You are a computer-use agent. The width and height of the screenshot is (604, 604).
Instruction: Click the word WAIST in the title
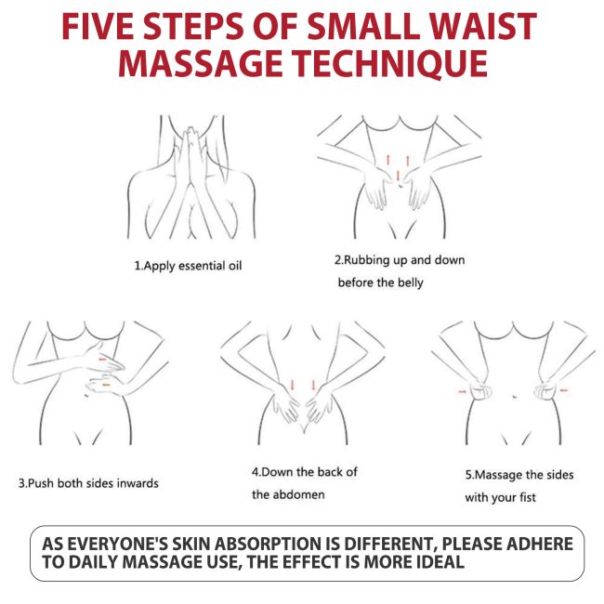(482, 26)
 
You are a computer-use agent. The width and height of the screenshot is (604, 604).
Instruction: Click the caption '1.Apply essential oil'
(188, 266)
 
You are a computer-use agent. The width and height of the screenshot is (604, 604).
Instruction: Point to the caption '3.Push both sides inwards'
(88, 483)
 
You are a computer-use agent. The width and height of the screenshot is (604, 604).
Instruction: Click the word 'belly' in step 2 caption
(410, 282)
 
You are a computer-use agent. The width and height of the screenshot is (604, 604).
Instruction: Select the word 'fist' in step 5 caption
(527, 497)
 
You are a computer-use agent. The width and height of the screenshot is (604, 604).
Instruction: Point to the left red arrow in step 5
(462, 391)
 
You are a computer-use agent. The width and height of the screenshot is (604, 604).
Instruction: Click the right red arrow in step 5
(563, 390)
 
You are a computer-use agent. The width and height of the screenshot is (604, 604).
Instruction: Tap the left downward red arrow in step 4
(293, 385)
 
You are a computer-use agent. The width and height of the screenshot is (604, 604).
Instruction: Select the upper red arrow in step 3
(103, 360)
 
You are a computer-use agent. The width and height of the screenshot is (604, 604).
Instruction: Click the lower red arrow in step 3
(106, 385)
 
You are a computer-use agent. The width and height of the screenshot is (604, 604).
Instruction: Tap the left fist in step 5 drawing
(480, 390)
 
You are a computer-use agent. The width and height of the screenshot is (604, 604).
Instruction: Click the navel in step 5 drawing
(514, 396)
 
